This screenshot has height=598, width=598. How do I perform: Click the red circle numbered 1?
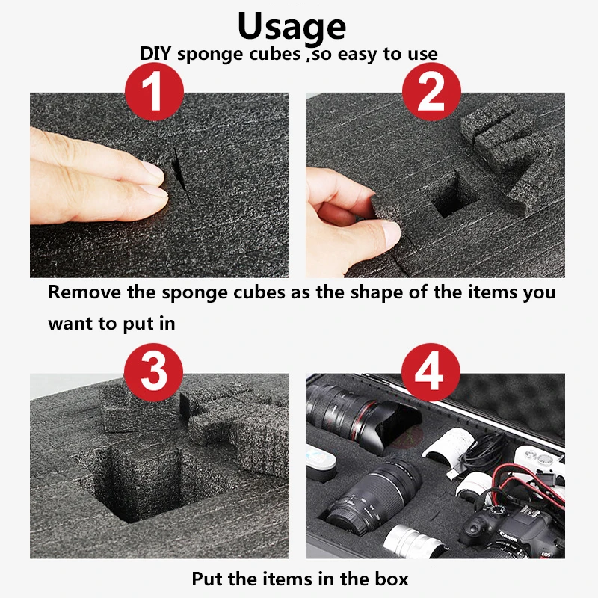click(154, 91)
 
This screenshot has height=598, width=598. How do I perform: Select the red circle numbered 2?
click(431, 91)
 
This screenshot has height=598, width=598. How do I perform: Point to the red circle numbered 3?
click(153, 372)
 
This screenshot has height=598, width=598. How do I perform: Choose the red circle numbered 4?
click(431, 372)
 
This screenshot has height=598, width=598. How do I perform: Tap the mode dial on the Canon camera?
click(497, 511)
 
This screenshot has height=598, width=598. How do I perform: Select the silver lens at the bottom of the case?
click(413, 541)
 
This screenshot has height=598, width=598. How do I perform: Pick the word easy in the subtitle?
click(358, 55)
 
